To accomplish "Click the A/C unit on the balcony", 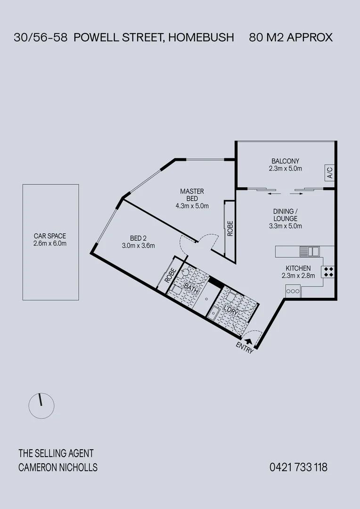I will pos(329,173).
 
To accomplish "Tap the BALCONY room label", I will pos(285,161).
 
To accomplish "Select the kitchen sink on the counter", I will pos(311,251).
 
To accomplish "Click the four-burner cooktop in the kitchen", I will pos(328,272).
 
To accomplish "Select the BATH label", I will pos(190,288).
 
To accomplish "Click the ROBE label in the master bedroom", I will pos(230,229).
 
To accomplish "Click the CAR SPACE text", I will pos(50,236).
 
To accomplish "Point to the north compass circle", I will pos(41,405).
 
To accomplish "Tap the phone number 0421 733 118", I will pos(298,468).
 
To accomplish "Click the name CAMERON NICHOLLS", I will pos(58,468).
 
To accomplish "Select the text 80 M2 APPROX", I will pos(291,38).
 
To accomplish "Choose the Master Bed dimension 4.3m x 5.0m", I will pos(192,205).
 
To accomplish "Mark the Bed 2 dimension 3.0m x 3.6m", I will pos(139,245).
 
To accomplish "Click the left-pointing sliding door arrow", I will pos(272,193).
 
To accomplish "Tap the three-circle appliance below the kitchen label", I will pos(293,291).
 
